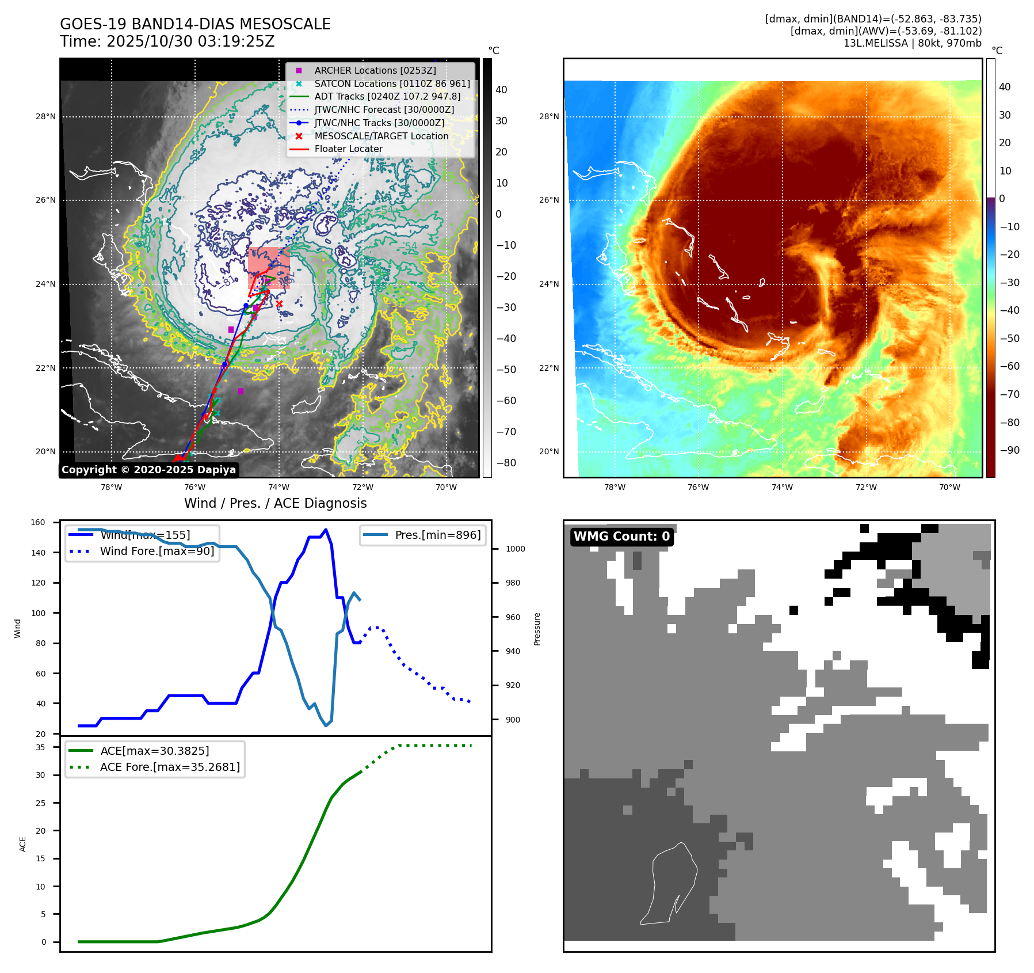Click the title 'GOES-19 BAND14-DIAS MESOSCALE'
click(x=195, y=24)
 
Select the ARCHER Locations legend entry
click(x=375, y=70)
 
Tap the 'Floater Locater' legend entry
click(x=348, y=149)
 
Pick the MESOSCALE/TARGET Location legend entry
click(x=381, y=136)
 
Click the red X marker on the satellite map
click(x=279, y=303)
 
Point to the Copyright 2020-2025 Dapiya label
click(x=148, y=470)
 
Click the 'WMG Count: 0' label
click(x=621, y=537)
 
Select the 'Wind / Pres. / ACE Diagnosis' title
click(x=275, y=503)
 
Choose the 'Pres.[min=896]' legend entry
click(x=437, y=535)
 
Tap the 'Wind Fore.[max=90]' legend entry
click(x=157, y=551)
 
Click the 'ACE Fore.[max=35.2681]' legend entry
click(x=170, y=767)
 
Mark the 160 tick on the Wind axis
click(x=38, y=523)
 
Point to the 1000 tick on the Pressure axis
click(x=515, y=549)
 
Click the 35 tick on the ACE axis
click(x=40, y=747)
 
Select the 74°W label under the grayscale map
click(x=279, y=487)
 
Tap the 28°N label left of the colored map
click(x=548, y=116)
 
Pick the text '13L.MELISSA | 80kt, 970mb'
click(x=912, y=43)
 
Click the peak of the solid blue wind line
click(x=326, y=530)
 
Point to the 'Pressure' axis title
click(x=537, y=629)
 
